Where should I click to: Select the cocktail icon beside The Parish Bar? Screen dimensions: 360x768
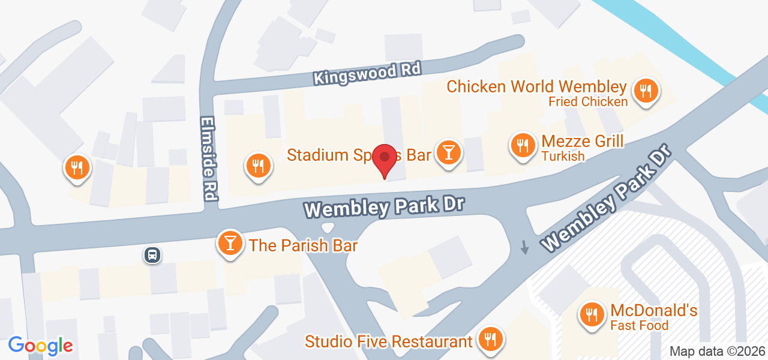(230, 243)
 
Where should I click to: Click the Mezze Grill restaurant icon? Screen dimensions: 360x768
(523, 145)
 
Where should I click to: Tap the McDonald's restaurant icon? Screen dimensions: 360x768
(592, 314)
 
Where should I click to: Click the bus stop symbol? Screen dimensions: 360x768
(152, 255)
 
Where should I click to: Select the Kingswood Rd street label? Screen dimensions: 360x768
(367, 74)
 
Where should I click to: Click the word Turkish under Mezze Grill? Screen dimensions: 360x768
(563, 157)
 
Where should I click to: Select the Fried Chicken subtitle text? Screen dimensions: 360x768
(588, 101)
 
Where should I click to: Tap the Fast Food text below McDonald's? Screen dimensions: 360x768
(639, 326)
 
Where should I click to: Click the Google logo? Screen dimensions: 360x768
(40, 346)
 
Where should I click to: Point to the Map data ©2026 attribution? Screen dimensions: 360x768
(718, 351)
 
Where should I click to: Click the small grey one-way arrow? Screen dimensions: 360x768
(525, 247)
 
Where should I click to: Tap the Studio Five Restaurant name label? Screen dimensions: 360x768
(388, 341)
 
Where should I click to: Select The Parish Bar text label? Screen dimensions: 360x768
(303, 245)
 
